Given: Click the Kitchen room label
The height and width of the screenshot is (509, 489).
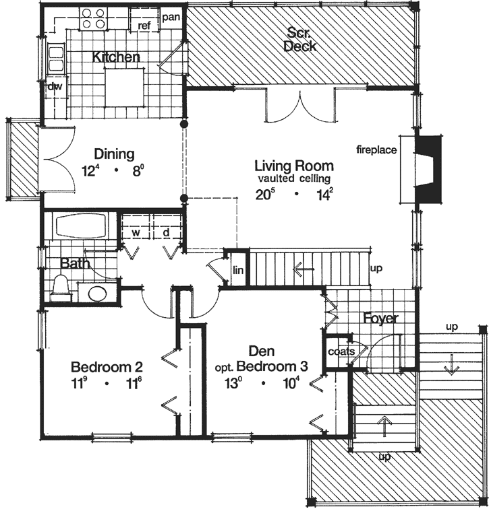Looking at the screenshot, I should [116, 57].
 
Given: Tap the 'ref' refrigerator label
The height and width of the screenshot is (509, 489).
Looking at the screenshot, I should [144, 26].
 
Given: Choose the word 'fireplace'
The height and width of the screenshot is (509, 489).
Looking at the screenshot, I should [377, 149].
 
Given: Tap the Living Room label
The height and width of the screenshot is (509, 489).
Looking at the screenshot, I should [293, 166].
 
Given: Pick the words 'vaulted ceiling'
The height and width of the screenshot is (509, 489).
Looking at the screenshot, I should [293, 178].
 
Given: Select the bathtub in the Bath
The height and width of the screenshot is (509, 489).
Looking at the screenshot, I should [81, 226].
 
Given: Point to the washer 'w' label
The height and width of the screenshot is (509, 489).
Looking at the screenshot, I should [135, 232].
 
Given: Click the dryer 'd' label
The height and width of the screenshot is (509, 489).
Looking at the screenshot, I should [165, 232].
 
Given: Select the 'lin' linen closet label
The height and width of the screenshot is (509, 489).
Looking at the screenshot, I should [237, 270].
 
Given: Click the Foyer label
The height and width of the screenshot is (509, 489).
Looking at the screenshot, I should [380, 318].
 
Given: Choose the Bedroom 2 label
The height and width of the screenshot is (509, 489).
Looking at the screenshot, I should [107, 368].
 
